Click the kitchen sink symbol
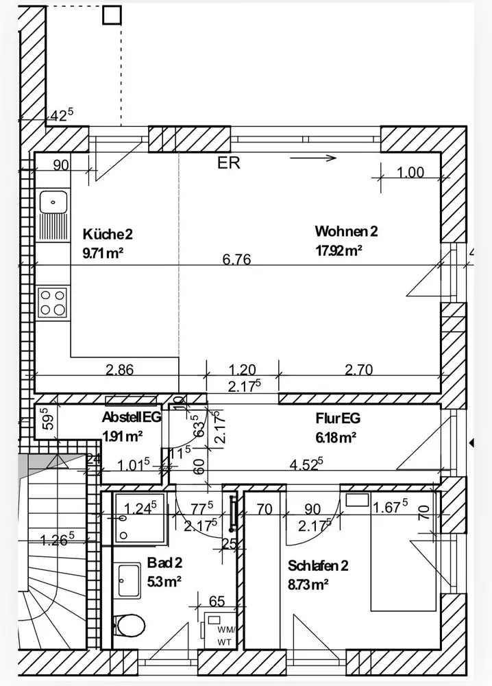click(x=53, y=202)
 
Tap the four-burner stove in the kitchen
click(x=53, y=303)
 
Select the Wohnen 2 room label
click(x=346, y=231)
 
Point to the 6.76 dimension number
click(x=236, y=259)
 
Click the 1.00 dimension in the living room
click(x=410, y=173)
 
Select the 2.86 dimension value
click(x=120, y=370)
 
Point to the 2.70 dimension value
click(x=358, y=370)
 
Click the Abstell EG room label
click(x=132, y=417)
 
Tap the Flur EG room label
click(x=338, y=418)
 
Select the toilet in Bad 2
click(x=130, y=625)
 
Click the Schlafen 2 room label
click(x=318, y=566)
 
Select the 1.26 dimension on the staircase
click(x=58, y=540)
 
